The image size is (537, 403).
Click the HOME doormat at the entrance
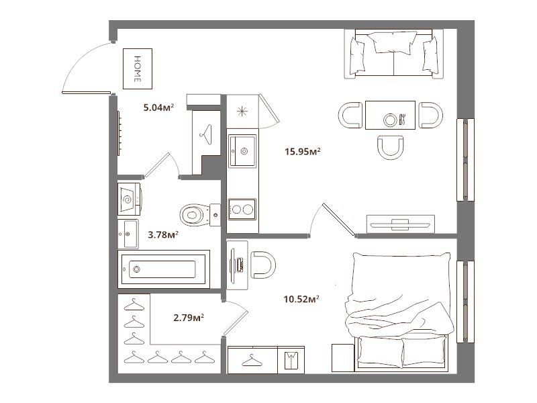(x=138, y=69)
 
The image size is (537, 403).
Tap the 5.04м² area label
(x=158, y=108)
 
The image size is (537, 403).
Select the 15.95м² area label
(x=303, y=151)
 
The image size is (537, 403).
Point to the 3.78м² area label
(x=162, y=235)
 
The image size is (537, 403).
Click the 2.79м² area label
(x=189, y=318)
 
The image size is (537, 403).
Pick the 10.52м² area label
(x=301, y=299)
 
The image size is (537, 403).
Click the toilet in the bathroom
(x=200, y=215)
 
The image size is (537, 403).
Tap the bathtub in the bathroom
(x=164, y=269)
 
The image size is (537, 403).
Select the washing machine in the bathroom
(x=130, y=199)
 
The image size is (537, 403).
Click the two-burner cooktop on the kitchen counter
(x=242, y=209)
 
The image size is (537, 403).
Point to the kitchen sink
(x=242, y=151)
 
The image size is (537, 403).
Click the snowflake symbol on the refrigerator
(x=242, y=111)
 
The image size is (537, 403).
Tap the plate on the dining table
(x=390, y=120)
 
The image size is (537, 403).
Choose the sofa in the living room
(x=394, y=54)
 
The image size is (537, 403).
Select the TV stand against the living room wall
(x=400, y=224)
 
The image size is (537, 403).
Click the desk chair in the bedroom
(x=263, y=265)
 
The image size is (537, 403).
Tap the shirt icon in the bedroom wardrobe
(x=291, y=360)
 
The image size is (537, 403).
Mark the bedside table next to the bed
(x=343, y=358)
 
